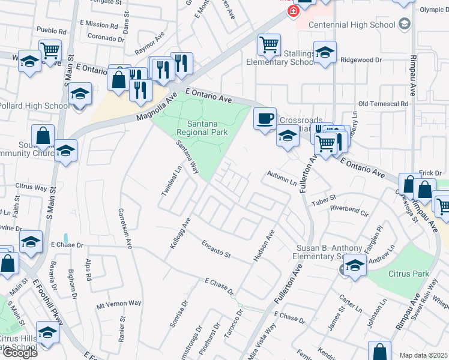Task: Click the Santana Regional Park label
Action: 203,127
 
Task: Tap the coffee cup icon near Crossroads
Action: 264,118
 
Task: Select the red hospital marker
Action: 293,11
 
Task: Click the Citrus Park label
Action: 413,274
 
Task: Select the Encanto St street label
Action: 216,250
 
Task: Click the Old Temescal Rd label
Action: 383,104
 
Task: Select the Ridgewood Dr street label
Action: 361,60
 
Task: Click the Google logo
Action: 20,353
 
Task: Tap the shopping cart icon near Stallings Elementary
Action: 269,44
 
